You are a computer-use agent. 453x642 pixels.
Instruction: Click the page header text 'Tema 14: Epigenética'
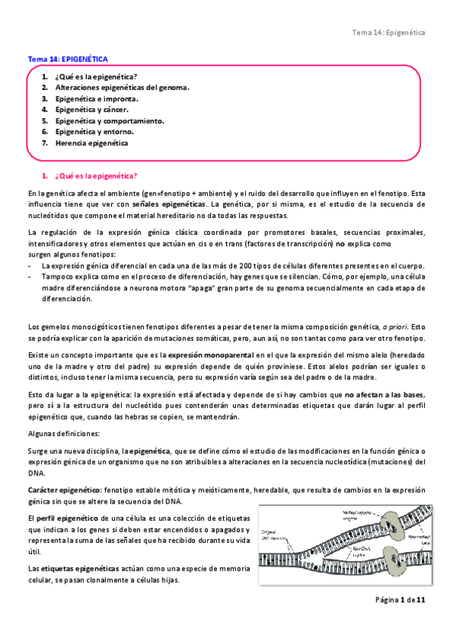[x=389, y=33]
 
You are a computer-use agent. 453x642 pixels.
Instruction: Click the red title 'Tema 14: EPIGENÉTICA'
[x=68, y=58]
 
